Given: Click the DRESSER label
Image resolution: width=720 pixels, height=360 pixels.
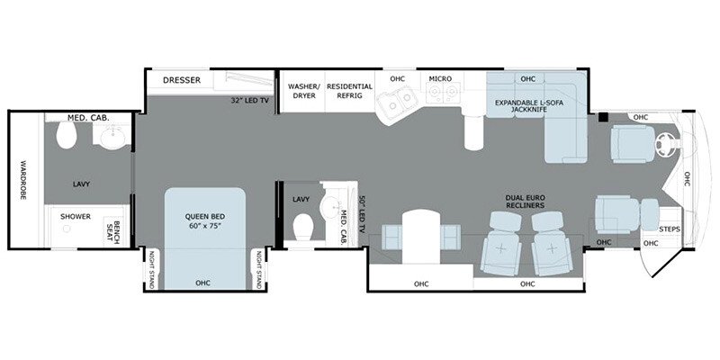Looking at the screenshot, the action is pyautogui.click(x=182, y=80).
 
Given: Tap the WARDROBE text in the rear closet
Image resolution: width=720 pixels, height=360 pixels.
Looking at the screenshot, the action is pyautogui.click(x=23, y=179).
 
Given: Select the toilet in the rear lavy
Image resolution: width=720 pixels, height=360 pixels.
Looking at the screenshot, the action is pyautogui.click(x=66, y=135).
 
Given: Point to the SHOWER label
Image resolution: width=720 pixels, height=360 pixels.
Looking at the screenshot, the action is pyautogui.click(x=76, y=216).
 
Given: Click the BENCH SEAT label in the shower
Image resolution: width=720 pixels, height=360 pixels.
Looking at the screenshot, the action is pyautogui.click(x=112, y=233).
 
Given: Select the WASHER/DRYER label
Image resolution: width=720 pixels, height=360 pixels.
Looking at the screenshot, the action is pyautogui.click(x=302, y=91).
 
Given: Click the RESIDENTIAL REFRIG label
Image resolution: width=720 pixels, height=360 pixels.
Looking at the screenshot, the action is pyautogui.click(x=350, y=91).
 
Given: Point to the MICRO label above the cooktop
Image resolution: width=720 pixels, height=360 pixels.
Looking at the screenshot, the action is pyautogui.click(x=440, y=79).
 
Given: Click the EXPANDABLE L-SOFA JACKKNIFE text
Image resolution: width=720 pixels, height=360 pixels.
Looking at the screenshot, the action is pyautogui.click(x=528, y=106).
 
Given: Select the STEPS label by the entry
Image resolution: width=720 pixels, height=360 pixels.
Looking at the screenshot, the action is pyautogui.click(x=669, y=229).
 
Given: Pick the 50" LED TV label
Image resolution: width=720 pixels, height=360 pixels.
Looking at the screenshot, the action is pyautogui.click(x=362, y=215).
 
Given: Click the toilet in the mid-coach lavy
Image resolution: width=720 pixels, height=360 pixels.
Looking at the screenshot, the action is pyautogui.click(x=303, y=228).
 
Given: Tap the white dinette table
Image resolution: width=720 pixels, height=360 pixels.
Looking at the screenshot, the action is pyautogui.click(x=421, y=237).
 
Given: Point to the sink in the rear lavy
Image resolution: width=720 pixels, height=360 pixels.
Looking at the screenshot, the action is pyautogui.click(x=112, y=138).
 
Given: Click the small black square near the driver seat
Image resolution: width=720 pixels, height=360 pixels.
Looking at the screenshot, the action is pyautogui.click(x=603, y=117).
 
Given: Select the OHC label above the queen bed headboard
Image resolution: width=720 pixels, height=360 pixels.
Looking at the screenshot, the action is pyautogui.click(x=202, y=283).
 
